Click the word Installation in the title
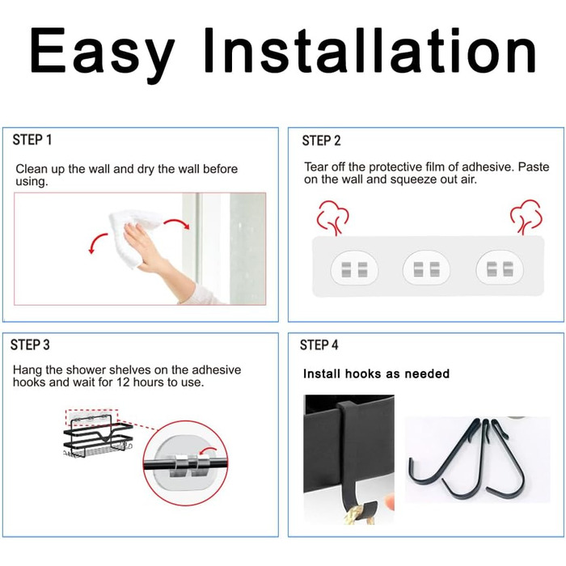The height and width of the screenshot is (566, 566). [x=370, y=50]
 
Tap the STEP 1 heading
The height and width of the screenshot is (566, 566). [x=32, y=140]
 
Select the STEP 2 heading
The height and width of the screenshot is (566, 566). [x=321, y=141]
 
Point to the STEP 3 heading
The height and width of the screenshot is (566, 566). [x=30, y=344]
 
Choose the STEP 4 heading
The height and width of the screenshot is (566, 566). [x=319, y=344]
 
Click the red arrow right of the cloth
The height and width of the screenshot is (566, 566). [x=178, y=222]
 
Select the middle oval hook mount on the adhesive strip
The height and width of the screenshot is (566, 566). [x=426, y=268]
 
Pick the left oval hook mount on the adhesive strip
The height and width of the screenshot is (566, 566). [x=354, y=268]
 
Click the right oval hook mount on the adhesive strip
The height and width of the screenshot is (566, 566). [x=500, y=268]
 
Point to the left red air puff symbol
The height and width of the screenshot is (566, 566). [x=332, y=218]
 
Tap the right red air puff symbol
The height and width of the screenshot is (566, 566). [x=526, y=217]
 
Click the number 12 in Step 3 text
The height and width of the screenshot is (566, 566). [x=123, y=382]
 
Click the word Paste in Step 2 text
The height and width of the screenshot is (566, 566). [x=534, y=167]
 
